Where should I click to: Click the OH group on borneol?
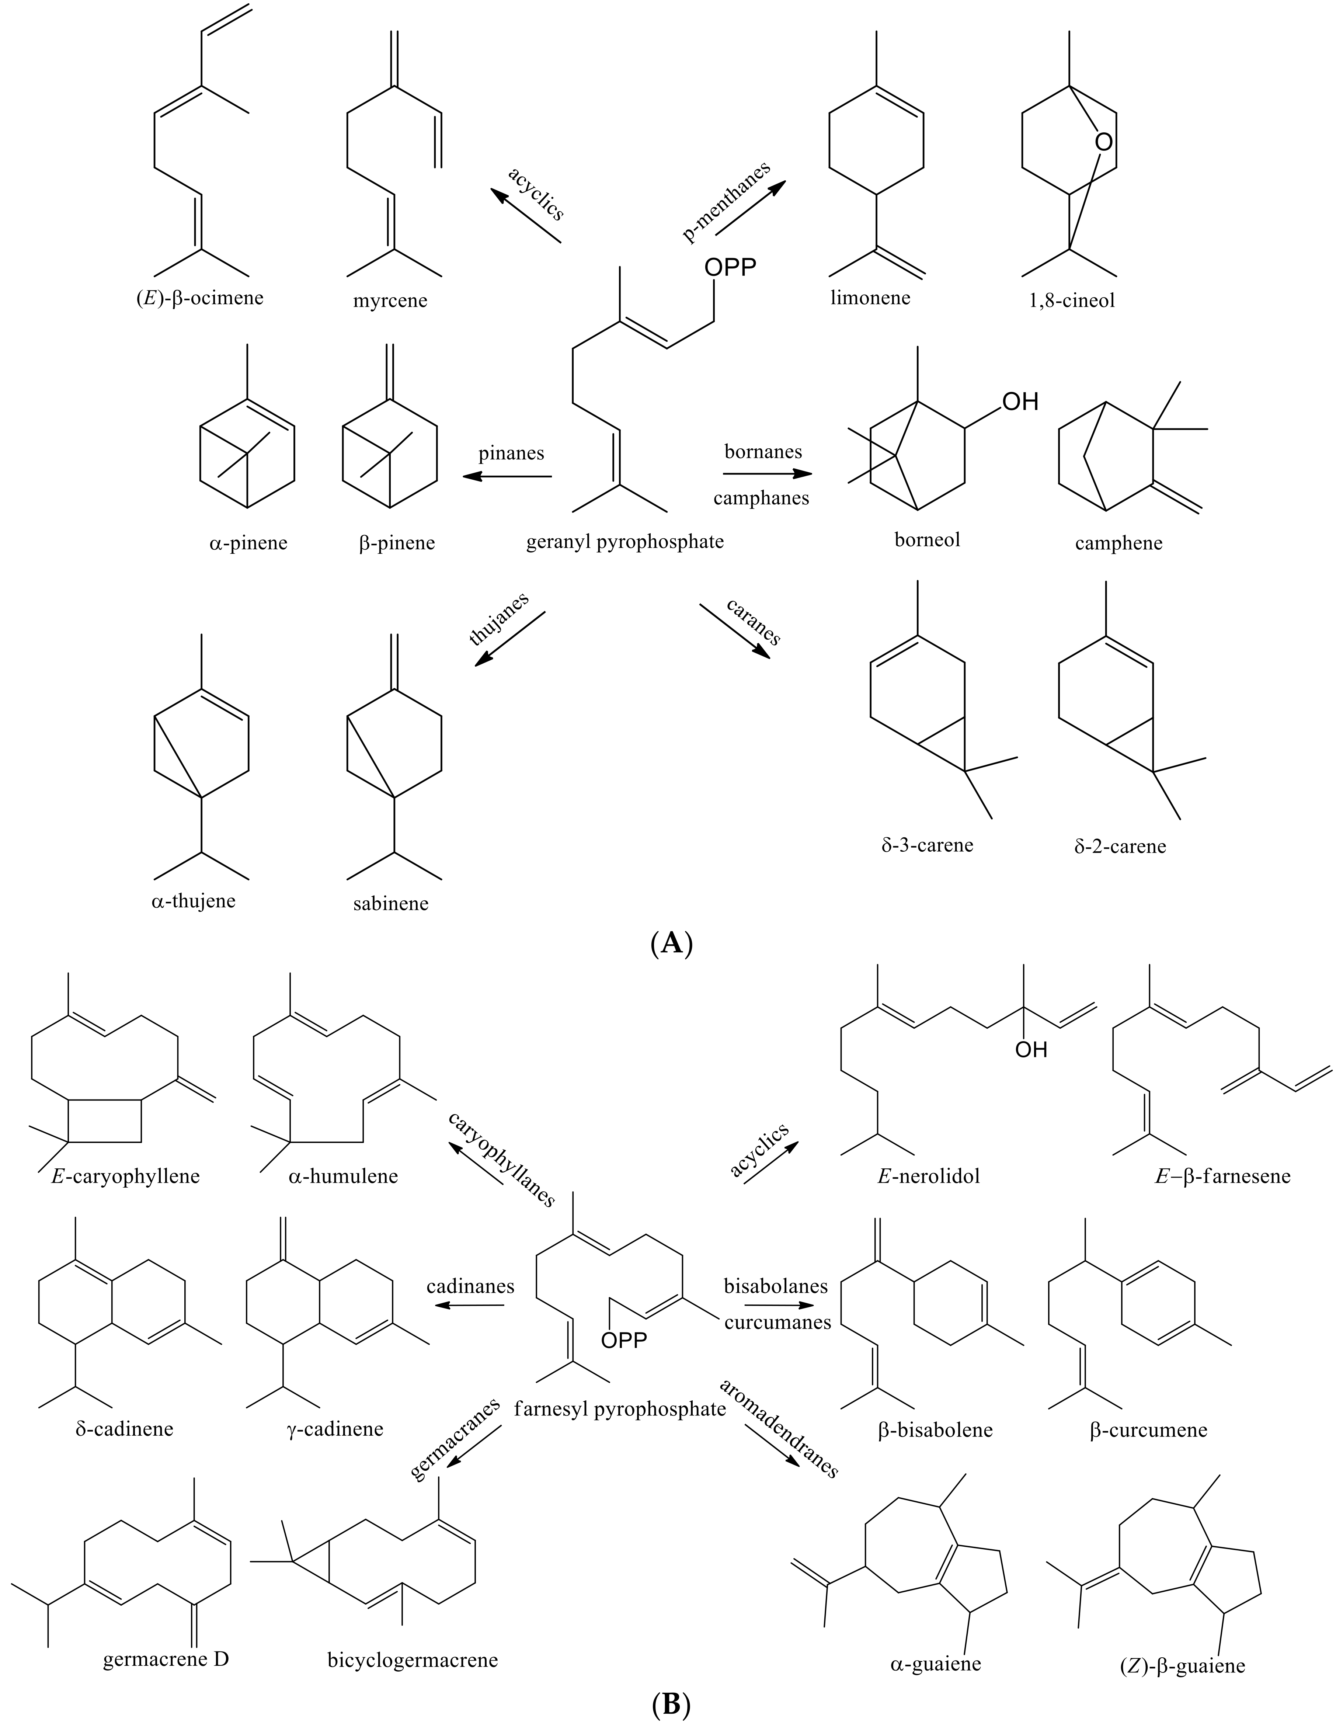coord(1020,402)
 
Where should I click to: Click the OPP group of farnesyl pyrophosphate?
coord(624,1340)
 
